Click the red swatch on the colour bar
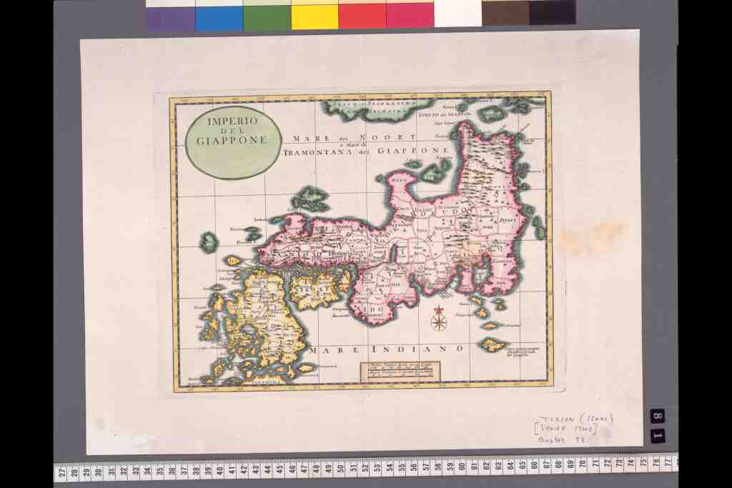pos(362,16)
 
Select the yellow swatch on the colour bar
pos(315,16)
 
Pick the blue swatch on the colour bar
pos(219,17)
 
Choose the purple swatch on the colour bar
pos(170,17)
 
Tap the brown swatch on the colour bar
pos(505,13)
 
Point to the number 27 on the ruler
pos(62,471)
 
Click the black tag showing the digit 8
pos(658,416)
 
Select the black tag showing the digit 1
pos(658,435)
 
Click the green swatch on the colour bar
pos(267,16)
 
